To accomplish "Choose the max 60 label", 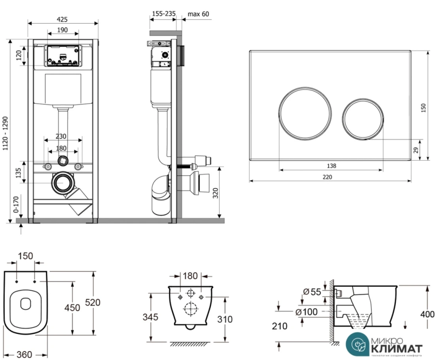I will (x=198, y=14).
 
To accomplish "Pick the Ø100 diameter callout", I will (x=306, y=312).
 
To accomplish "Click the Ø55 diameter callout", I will (x=312, y=292).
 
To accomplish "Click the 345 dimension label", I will (x=151, y=317).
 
